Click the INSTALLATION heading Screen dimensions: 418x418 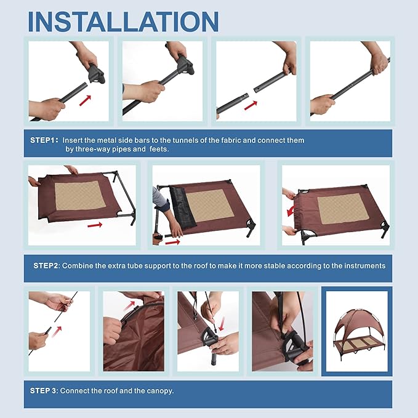point(123,22)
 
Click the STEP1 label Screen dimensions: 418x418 point(44,140)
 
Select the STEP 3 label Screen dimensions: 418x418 point(44,391)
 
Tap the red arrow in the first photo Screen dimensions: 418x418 point(85,100)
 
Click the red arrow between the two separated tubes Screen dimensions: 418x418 point(251,105)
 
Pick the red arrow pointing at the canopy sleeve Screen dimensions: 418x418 point(129,306)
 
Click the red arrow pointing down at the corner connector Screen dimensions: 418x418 point(222,324)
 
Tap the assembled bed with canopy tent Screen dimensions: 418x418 point(357,331)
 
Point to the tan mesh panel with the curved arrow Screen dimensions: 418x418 point(343,209)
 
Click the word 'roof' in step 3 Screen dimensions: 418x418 point(110,391)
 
